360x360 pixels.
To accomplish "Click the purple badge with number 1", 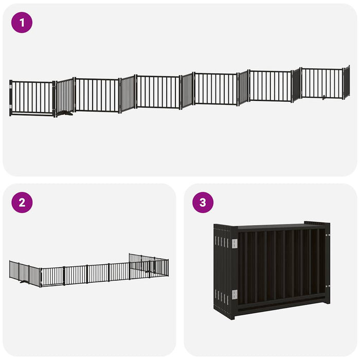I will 22,23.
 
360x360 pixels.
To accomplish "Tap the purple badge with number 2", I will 22,203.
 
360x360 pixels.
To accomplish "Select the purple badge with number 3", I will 203,203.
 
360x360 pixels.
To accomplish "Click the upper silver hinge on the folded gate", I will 235,243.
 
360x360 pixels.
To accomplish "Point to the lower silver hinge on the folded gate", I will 235,294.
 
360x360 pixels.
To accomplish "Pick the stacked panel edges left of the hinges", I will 222,270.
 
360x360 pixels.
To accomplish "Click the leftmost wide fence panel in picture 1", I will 32,98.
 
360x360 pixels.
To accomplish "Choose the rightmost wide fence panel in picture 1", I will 322,83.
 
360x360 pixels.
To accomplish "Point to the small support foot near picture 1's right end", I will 325,97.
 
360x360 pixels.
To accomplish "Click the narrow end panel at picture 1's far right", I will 347,82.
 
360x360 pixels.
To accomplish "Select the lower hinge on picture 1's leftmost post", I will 11,106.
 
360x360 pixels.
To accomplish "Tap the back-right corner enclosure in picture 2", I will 149,265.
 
